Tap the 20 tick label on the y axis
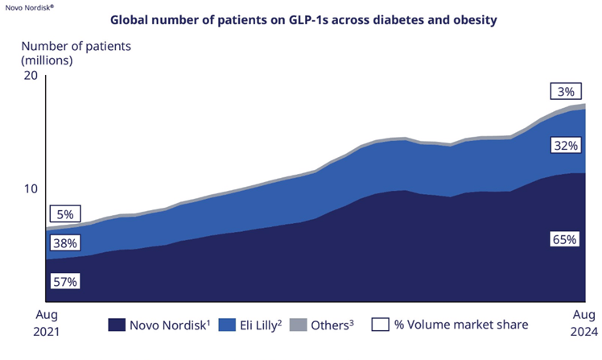tap(31, 75)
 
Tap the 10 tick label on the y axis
tap(31, 188)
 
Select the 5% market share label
tap(65, 214)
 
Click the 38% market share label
tap(65, 242)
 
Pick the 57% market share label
tap(65, 281)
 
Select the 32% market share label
tap(564, 146)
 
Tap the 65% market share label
tap(564, 239)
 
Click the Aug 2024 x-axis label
tap(584, 323)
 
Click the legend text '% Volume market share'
tap(461, 325)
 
